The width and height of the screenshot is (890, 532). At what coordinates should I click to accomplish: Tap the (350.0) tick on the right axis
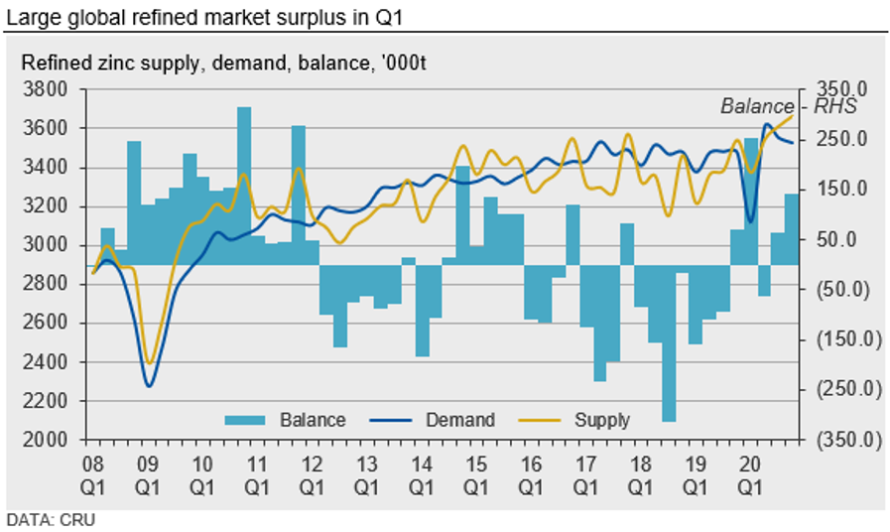(x=841, y=440)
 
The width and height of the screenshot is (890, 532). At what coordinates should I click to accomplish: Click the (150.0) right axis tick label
(x=841, y=339)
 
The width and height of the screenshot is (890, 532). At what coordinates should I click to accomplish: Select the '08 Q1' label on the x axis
(x=93, y=472)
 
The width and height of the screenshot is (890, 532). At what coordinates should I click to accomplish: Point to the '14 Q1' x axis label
(x=421, y=472)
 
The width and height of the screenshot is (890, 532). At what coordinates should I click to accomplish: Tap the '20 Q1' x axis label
(x=749, y=472)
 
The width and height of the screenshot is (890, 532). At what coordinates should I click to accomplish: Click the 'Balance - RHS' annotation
(x=788, y=106)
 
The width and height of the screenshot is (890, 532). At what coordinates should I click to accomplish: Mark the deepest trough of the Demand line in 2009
(x=149, y=385)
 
